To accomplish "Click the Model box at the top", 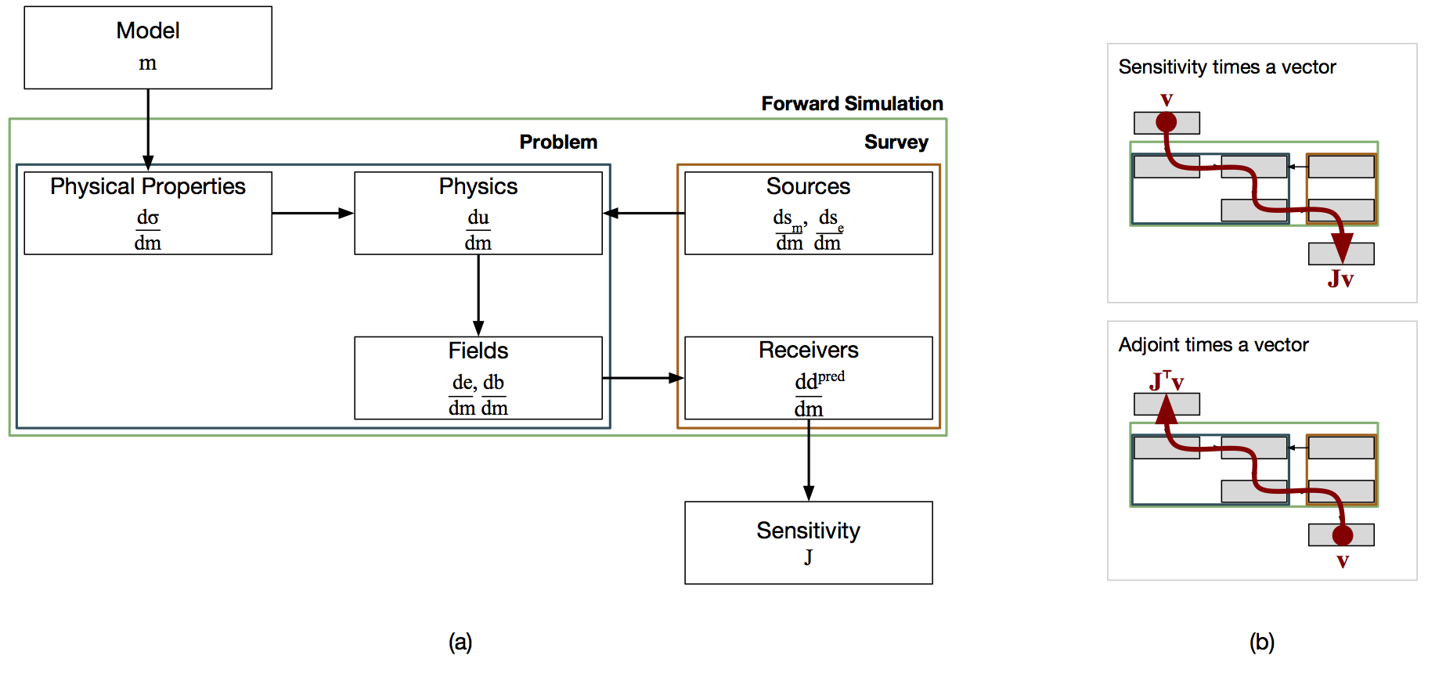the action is point(148,48).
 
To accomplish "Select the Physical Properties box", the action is point(148,213).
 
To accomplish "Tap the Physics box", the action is point(478,213).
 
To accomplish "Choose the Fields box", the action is point(478,378).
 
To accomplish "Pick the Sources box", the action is point(809,213).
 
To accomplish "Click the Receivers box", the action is point(809,378).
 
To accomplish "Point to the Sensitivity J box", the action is point(809,542).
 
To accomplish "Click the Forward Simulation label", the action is point(852,103).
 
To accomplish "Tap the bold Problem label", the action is point(558,142).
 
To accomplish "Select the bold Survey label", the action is point(896,142).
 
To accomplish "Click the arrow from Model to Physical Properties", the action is point(148,130).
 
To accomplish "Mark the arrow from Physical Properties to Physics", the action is point(313,213).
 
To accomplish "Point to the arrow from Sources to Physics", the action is point(644,213).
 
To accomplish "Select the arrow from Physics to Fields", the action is point(478,296).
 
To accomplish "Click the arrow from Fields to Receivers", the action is point(644,378).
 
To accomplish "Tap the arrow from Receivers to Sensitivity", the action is point(809,460).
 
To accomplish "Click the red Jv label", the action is point(1340,279).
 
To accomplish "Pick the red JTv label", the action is point(1167,380).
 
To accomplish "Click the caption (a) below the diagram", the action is point(460,642).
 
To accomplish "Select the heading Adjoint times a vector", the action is point(1213,345).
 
